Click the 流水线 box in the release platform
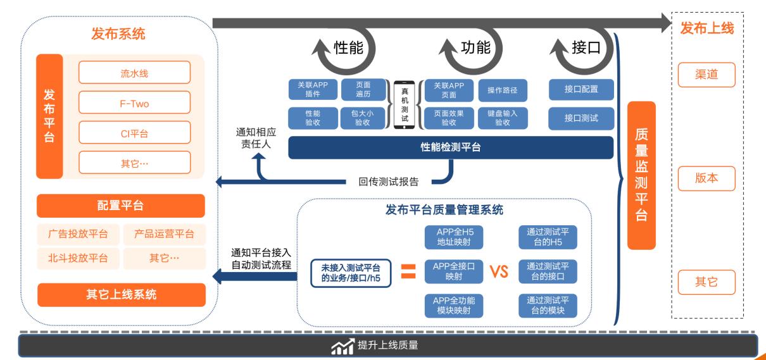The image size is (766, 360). pos(134,72)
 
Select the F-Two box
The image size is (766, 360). pos(134,102)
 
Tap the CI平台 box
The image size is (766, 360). pos(134,133)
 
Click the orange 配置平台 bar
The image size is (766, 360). pos(121,206)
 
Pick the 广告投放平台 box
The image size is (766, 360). pos(77,234)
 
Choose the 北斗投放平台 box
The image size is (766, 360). pos(77,258)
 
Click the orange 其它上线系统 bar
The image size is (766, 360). pos(121,294)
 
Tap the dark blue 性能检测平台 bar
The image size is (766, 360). pos(451,147)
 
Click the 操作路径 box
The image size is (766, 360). pos(503,90)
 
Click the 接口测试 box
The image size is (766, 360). pos(581,118)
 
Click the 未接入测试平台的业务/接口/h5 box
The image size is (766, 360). pos(351,272)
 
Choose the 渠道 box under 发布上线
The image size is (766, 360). pos(706,75)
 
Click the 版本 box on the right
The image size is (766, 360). pos(706,178)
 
